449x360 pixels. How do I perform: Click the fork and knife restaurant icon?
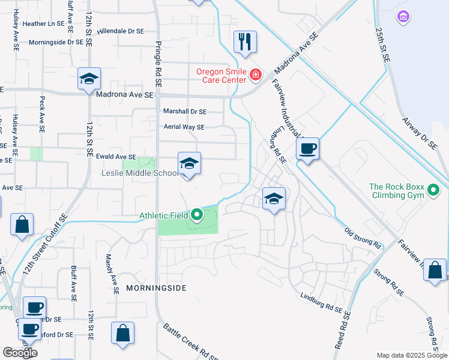[245, 42]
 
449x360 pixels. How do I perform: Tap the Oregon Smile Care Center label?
[221, 76]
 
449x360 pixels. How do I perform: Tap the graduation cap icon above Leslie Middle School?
[189, 164]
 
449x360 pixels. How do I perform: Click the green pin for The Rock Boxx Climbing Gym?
[433, 191]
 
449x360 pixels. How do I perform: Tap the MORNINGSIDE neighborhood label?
[156, 288]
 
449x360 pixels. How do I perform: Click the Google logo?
[20, 352]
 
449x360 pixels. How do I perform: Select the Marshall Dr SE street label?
[185, 112]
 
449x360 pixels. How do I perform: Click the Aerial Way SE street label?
[184, 127]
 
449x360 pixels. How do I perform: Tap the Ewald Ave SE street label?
[116, 157]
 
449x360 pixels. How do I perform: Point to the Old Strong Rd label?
[363, 238]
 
